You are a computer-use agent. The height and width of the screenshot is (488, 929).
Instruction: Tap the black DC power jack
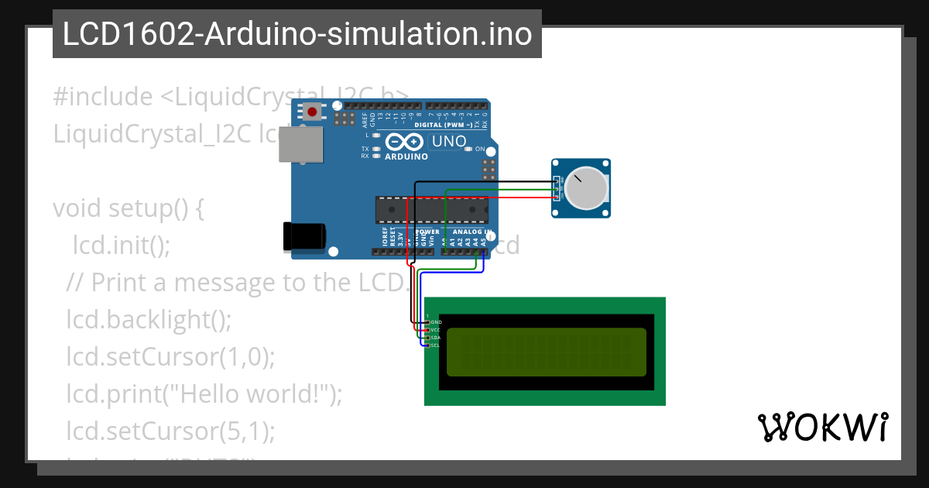point(303,236)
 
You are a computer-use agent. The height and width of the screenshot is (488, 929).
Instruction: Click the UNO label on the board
point(449,142)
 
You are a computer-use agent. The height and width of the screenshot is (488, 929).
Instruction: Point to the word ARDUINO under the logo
point(406,156)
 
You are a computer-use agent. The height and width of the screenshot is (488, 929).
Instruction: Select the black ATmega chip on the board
point(432,208)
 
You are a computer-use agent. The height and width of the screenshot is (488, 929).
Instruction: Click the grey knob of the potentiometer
point(585,188)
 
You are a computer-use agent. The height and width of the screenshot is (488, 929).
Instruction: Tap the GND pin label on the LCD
point(436,322)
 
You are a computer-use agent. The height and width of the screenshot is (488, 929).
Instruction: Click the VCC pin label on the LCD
point(436,330)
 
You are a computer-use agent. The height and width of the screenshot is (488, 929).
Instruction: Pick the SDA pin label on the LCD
point(436,338)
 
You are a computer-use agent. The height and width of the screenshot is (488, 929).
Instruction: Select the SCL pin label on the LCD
point(436,345)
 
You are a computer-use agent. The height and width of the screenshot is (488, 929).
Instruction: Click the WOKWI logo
point(822,427)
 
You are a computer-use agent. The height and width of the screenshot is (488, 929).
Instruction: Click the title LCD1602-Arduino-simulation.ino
point(297,34)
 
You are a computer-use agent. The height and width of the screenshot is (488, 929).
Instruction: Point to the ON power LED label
point(480,149)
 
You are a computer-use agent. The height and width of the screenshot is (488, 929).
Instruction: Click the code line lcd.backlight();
point(149,318)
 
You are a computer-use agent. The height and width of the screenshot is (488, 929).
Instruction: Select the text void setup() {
point(128,209)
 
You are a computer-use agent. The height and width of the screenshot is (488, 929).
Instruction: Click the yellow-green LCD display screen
point(547,352)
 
